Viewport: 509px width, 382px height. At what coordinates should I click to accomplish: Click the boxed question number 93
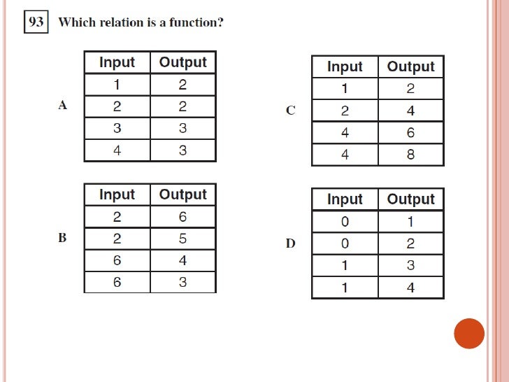tap(36, 22)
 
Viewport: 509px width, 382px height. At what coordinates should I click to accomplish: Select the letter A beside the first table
tap(63, 106)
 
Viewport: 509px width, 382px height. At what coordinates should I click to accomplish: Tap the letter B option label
tap(62, 238)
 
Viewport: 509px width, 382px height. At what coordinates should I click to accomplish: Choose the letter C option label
tap(291, 110)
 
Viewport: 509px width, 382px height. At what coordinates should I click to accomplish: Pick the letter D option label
tap(291, 243)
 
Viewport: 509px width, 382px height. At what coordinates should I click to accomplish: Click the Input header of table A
tap(117, 62)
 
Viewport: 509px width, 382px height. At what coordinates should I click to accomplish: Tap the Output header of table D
tap(410, 199)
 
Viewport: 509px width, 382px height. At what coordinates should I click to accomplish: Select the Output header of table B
tap(182, 194)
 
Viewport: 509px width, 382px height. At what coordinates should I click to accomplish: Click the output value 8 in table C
tap(410, 155)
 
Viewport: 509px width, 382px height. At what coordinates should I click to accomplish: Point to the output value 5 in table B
tap(182, 239)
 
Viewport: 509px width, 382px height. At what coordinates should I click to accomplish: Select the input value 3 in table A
tap(117, 129)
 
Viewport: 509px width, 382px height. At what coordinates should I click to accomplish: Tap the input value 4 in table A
tap(117, 150)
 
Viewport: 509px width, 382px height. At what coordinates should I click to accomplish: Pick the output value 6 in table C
tap(410, 132)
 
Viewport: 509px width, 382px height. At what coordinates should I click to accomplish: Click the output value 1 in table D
tap(410, 222)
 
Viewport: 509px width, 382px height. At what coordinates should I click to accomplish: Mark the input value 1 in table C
tap(345, 89)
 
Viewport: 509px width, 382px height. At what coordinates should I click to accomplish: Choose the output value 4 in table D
tap(410, 288)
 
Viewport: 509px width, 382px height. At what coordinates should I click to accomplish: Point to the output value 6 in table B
tap(182, 217)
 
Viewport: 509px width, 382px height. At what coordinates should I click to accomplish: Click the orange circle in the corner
tap(469, 334)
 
